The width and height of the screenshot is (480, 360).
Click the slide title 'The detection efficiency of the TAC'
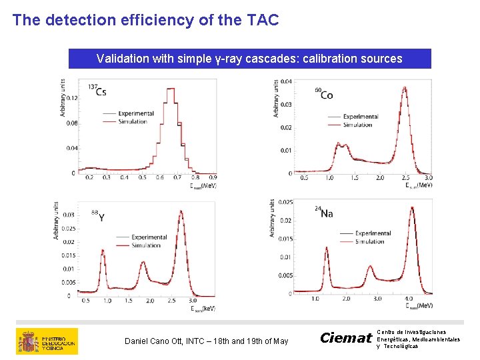(x=145, y=20)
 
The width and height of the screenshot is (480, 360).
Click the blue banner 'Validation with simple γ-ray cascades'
(x=249, y=59)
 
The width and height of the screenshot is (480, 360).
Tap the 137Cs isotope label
(x=98, y=89)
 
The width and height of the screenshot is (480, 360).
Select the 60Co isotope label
(x=324, y=94)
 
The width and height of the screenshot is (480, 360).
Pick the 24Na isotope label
(x=324, y=213)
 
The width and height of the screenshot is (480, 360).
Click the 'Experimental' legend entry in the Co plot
(x=360, y=117)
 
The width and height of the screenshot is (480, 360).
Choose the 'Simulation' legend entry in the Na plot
(x=369, y=241)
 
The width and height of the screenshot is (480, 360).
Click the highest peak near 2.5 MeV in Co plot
(x=404, y=89)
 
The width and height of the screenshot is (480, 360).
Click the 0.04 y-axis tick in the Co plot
(x=285, y=82)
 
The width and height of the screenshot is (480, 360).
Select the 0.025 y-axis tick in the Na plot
(x=284, y=202)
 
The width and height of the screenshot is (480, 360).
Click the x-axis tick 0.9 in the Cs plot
(x=213, y=177)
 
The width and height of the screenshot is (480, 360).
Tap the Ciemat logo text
(x=345, y=338)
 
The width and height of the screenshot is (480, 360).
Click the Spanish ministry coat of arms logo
(x=28, y=341)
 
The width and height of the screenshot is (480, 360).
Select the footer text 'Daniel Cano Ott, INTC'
(x=207, y=341)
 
